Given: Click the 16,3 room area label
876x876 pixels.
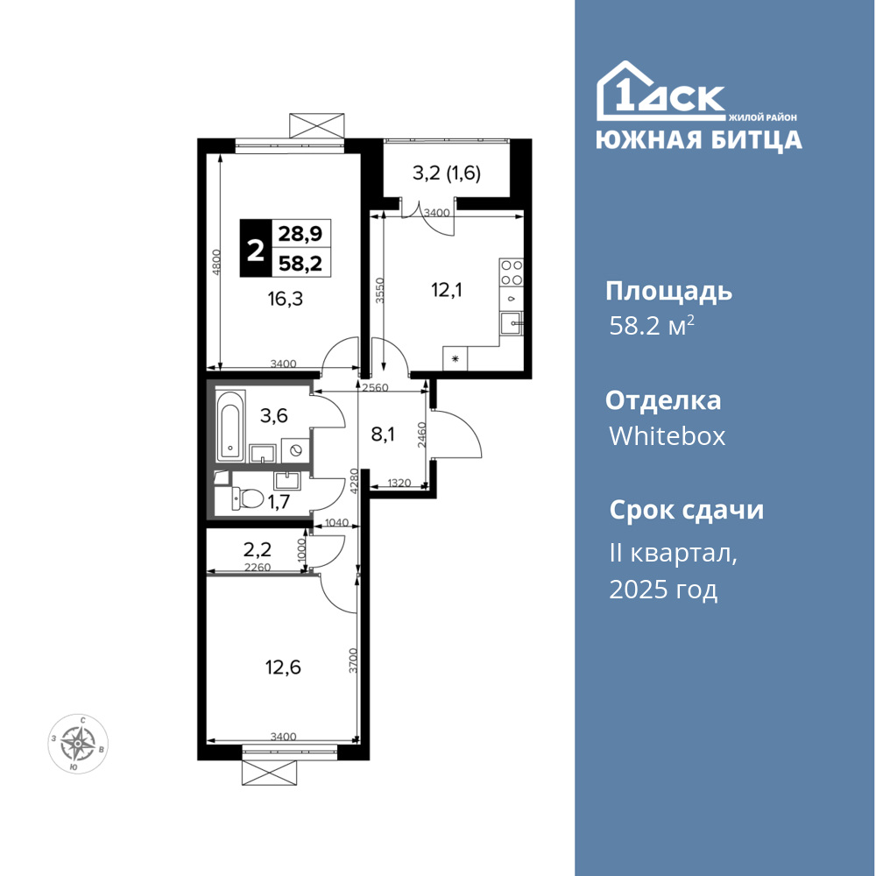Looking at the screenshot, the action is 285,300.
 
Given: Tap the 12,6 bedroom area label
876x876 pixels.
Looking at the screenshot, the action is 283,667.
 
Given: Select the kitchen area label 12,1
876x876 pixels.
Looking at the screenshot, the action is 447,290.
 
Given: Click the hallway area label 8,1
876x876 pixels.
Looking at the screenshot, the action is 383,434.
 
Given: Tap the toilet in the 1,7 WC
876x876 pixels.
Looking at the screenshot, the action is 248,498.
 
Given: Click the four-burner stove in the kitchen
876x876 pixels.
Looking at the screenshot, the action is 512,272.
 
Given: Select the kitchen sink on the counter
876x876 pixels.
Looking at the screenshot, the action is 512,323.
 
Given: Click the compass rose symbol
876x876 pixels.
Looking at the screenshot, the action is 78,744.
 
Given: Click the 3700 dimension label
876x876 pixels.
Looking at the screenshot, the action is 352,661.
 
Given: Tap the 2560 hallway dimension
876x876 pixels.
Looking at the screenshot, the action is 375,388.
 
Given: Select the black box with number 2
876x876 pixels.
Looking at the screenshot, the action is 255,249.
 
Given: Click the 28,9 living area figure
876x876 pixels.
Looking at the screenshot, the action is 300,233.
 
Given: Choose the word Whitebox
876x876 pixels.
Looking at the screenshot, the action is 667,435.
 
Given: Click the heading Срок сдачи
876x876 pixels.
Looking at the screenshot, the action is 686,510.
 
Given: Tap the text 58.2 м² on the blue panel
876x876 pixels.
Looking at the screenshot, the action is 652,325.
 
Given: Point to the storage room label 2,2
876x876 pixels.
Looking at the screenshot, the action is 257,550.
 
